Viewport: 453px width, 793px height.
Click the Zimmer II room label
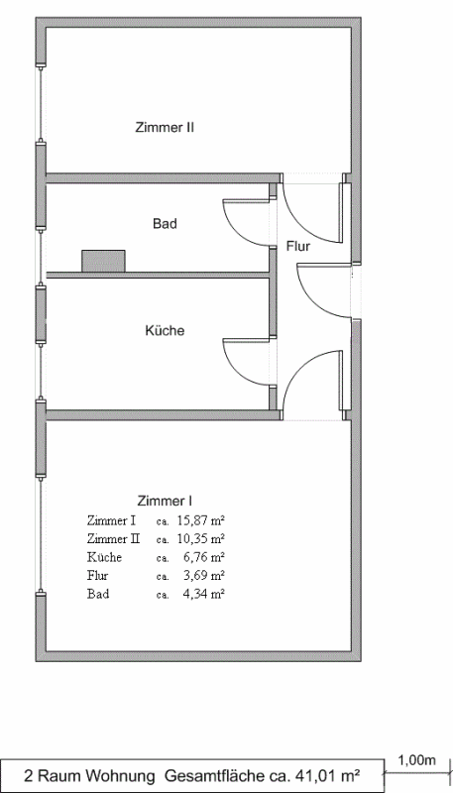(165, 128)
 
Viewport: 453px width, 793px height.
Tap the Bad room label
(165, 224)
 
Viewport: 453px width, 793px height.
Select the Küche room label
(165, 331)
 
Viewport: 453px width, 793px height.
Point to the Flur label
(298, 247)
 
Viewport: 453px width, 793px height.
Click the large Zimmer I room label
(165, 502)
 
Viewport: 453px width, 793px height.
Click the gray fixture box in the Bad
(103, 261)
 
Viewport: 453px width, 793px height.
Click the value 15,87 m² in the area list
(200, 519)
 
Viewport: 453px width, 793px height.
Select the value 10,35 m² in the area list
(200, 538)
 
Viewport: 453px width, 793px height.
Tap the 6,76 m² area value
(204, 557)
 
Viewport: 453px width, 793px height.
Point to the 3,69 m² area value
(204, 576)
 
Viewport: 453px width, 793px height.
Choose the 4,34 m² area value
(204, 594)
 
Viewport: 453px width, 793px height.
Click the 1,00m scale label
(417, 760)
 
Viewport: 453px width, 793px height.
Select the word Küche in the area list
(104, 557)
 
